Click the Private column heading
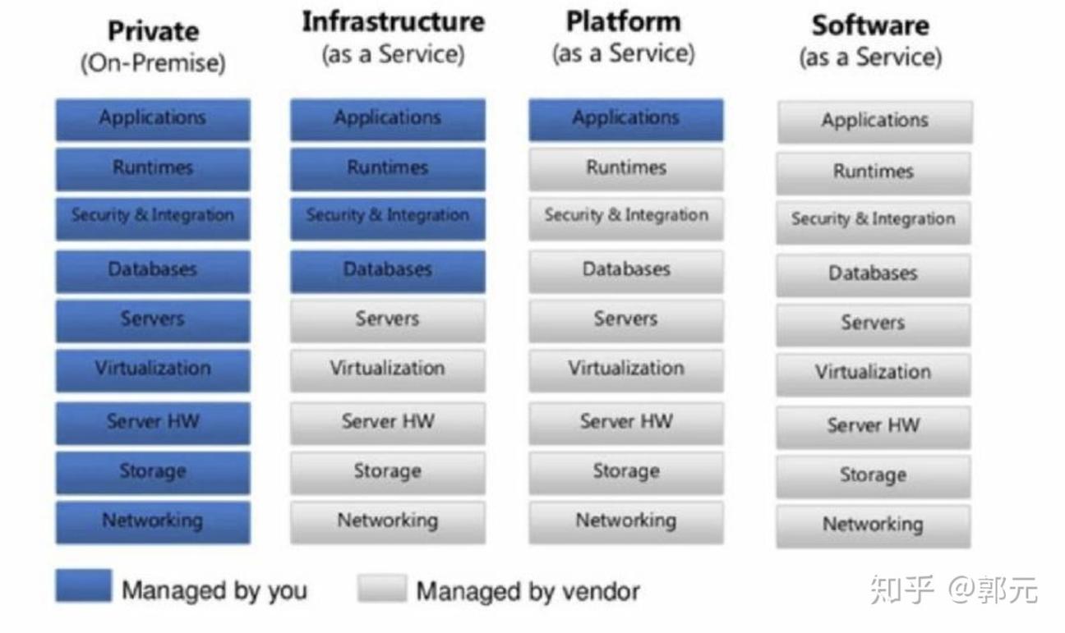(153, 31)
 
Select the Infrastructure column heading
(393, 22)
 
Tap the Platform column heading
(624, 22)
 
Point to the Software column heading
(870, 25)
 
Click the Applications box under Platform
(625, 119)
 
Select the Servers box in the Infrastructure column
(387, 320)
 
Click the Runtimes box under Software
(873, 172)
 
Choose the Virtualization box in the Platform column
(625, 369)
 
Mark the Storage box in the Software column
(873, 476)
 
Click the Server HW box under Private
(153, 423)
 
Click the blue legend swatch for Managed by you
(83, 586)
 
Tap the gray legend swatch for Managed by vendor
(382, 588)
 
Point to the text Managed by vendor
(528, 591)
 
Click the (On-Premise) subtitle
(153, 64)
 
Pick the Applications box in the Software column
(874, 122)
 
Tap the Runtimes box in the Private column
(153, 168)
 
